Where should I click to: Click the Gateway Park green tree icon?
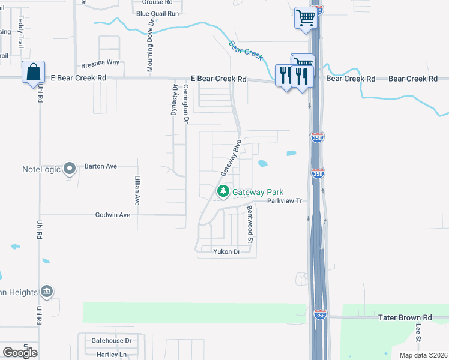(223, 192)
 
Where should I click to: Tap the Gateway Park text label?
(258, 192)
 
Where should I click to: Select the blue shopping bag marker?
(34, 73)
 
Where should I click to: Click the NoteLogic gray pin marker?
(70, 169)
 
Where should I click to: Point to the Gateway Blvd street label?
(231, 158)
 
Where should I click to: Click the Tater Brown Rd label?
(405, 317)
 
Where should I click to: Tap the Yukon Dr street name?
(226, 251)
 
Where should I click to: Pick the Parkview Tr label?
(283, 202)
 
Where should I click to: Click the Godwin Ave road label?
(113, 215)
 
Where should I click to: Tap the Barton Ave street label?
(101, 166)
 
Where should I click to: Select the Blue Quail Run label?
(158, 13)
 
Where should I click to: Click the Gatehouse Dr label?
(111, 340)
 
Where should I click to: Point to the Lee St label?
(418, 332)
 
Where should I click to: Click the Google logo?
(20, 353)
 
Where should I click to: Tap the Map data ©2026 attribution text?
(423, 355)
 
